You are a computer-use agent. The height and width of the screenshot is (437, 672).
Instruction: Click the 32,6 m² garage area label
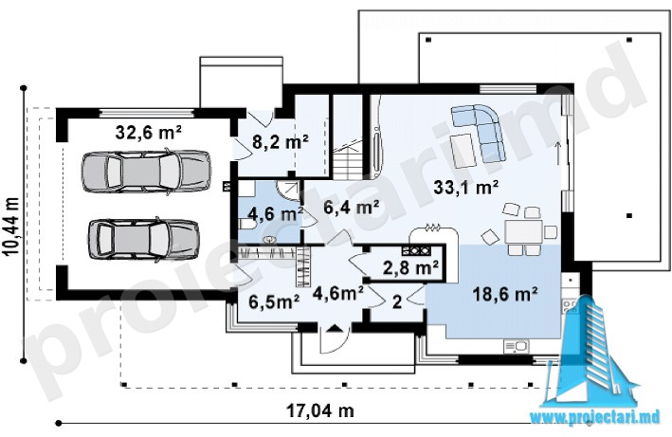[x=148, y=133]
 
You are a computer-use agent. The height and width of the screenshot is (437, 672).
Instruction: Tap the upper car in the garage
[x=146, y=171]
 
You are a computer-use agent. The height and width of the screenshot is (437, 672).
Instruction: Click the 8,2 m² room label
[x=281, y=142]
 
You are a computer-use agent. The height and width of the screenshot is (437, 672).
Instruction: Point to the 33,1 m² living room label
[x=466, y=188]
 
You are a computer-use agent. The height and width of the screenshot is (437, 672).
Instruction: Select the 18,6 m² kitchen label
[x=505, y=294]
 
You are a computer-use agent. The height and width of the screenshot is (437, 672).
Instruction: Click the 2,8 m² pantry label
[x=410, y=267]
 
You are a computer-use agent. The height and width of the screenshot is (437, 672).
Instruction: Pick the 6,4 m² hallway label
[x=352, y=208]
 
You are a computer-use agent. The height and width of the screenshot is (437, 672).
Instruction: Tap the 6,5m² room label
[x=274, y=301]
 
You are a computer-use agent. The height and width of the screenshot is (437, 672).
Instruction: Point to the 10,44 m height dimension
[x=12, y=227]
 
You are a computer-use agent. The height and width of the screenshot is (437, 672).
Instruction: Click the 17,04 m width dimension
[x=320, y=411]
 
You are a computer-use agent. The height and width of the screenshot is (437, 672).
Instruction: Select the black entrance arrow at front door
[x=335, y=329]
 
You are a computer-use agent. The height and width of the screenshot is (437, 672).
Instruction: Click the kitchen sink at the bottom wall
[x=516, y=346]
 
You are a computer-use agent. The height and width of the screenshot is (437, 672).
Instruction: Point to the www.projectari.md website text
[x=595, y=417]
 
